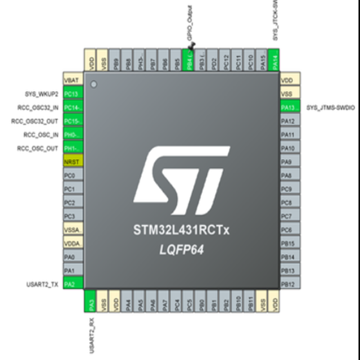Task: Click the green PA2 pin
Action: click(x=73, y=283)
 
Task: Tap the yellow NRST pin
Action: click(x=73, y=161)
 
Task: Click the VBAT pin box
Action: click(x=73, y=80)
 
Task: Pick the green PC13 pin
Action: click(x=73, y=94)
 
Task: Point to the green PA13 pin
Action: click(x=289, y=107)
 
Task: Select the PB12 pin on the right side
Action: click(x=289, y=283)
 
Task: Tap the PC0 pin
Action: click(x=73, y=175)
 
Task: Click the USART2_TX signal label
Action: click(x=42, y=283)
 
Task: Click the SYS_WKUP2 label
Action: click(x=40, y=94)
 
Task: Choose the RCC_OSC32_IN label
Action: click(x=35, y=107)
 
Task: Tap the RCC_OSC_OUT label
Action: click(x=37, y=148)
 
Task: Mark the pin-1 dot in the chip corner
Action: click(x=94, y=85)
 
